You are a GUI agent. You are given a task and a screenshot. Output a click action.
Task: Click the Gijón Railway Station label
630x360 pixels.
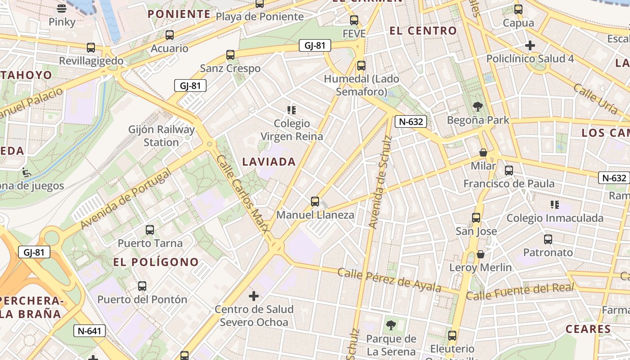coord(162,136)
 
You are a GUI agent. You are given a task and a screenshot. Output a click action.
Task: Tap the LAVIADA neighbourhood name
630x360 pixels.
coord(269,162)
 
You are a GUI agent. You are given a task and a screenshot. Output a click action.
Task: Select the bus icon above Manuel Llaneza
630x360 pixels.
coord(315,201)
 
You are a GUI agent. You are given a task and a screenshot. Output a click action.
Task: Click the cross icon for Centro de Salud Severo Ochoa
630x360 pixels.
coord(254,296)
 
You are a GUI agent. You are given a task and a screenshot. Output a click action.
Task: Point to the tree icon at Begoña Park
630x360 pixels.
coord(477,107)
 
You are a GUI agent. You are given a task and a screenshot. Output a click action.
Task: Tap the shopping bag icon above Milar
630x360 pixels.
coord(483,153)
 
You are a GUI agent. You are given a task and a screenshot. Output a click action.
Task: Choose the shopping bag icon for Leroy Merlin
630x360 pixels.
coord(481,254)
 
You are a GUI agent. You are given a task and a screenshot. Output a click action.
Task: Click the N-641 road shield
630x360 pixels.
coord(90,331)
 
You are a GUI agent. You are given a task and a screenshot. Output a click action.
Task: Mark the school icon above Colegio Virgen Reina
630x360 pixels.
coord(292,110)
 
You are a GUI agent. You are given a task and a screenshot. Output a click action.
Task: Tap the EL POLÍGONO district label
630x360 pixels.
coord(156,262)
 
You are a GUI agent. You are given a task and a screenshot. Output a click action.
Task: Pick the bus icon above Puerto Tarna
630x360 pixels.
coord(150,230)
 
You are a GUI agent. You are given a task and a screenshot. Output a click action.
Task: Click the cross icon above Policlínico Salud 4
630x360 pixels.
coord(530,45)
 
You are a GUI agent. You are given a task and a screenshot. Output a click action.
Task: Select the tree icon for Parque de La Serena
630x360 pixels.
coord(391,325)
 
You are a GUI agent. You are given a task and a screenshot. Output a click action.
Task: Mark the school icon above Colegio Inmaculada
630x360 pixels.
coord(555,205)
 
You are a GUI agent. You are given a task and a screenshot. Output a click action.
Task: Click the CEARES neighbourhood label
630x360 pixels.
coord(588,329)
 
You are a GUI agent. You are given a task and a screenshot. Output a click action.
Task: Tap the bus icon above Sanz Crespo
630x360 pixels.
coord(230,55)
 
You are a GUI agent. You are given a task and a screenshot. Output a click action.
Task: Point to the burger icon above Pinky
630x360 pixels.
coord(62,8)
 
